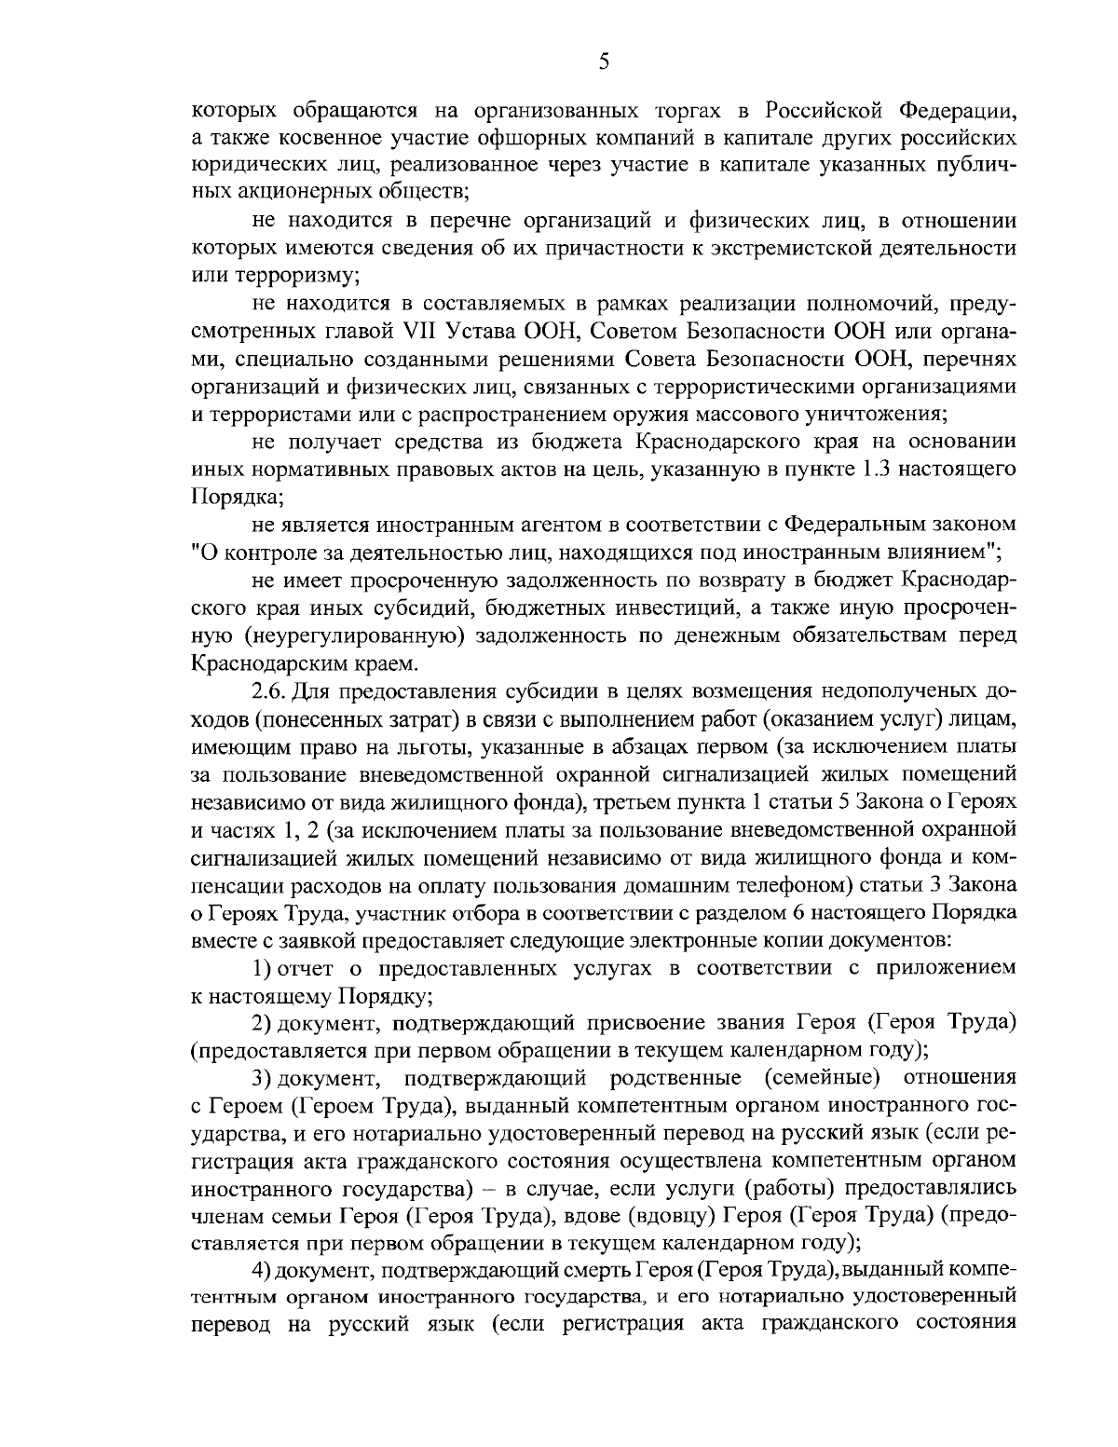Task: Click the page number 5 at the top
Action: click(603, 61)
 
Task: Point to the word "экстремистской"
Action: click(802, 249)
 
